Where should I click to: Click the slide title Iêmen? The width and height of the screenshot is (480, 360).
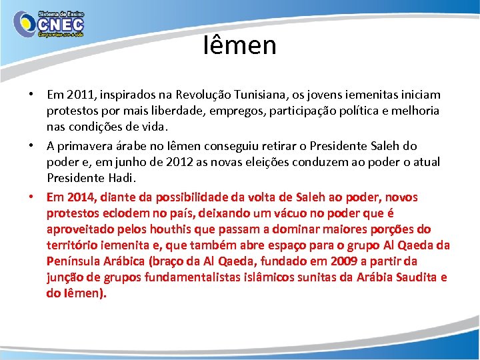(240, 45)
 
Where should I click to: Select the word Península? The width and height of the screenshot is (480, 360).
(73, 261)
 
